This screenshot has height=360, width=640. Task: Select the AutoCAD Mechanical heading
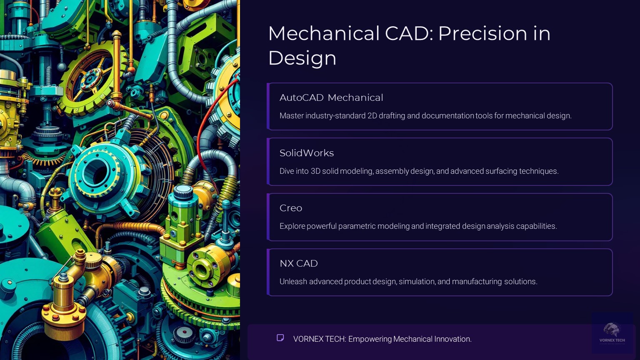(331, 97)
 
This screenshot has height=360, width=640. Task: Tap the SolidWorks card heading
(307, 153)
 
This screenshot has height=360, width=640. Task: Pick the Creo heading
(291, 208)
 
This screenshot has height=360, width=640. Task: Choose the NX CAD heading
(299, 263)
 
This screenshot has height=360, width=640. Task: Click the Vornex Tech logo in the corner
(612, 332)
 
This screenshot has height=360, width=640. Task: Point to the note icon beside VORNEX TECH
(280, 337)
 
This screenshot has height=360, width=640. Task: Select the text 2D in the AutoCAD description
(372, 116)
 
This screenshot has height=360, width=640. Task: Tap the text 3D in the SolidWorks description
(315, 171)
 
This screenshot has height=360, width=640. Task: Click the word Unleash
(293, 282)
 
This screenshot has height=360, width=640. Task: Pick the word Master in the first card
(291, 116)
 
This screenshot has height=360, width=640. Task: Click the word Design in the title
(302, 58)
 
